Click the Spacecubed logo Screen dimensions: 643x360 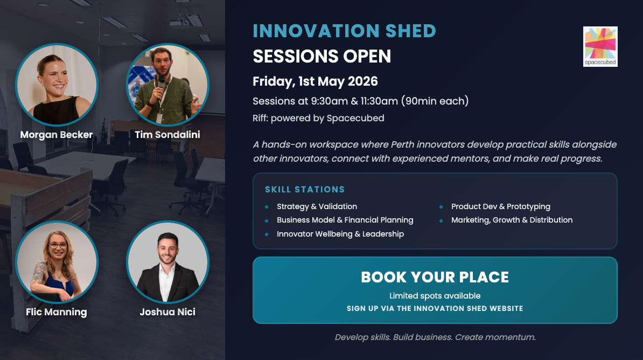[x=600, y=46]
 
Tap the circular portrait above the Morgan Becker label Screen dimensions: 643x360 [x=57, y=85]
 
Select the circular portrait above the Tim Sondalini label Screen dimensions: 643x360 [x=167, y=85]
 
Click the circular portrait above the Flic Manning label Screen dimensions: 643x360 [x=57, y=262]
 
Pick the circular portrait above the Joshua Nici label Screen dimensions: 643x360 [x=167, y=262]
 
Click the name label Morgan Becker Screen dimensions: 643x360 [x=57, y=135]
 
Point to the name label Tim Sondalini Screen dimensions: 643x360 [x=167, y=135]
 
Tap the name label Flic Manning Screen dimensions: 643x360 [x=57, y=313]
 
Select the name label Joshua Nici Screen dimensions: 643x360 [x=167, y=312]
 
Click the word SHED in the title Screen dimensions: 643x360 [x=410, y=31]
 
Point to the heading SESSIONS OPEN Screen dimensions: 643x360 [x=322, y=56]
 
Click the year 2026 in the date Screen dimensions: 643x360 [x=362, y=81]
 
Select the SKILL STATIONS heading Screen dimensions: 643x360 [x=305, y=190]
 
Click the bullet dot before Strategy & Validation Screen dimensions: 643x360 [x=267, y=207]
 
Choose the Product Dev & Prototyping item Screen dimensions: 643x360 [x=501, y=206]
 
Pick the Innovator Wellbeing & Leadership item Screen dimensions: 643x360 [x=340, y=234]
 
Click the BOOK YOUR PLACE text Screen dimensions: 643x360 [x=435, y=278]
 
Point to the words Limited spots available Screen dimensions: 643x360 [x=435, y=295]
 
